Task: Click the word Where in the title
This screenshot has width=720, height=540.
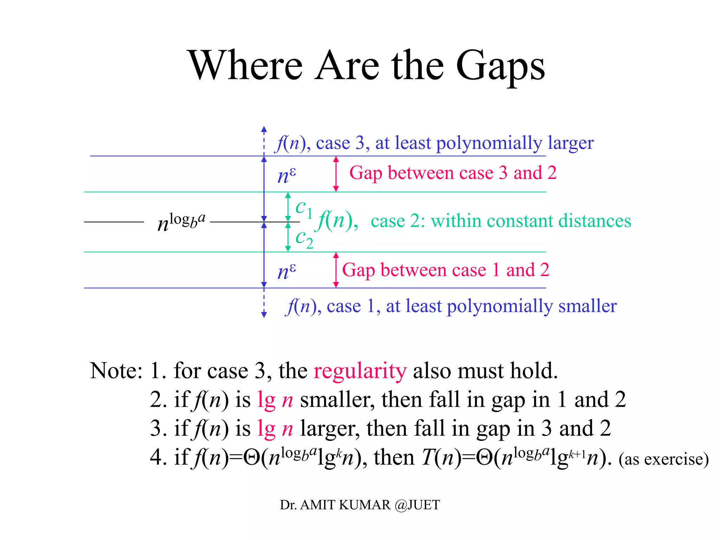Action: pyautogui.click(x=246, y=65)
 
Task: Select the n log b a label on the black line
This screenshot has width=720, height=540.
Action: pyautogui.click(x=181, y=222)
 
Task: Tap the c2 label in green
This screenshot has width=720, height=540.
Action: pyautogui.click(x=304, y=238)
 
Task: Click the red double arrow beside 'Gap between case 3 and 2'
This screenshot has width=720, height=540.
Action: pyautogui.click(x=336, y=174)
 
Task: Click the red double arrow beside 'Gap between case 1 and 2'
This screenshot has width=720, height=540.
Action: pyautogui.click(x=336, y=270)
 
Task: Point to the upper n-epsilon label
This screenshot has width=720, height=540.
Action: pyautogui.click(x=287, y=175)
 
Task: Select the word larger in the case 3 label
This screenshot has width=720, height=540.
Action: pyautogui.click(x=571, y=143)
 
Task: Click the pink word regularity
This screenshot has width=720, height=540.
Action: pyautogui.click(x=360, y=371)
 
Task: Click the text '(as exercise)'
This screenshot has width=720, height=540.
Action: pyautogui.click(x=663, y=459)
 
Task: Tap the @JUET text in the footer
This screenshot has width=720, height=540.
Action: pyautogui.click(x=417, y=505)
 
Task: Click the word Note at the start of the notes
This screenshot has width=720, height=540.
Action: pyautogui.click(x=116, y=371)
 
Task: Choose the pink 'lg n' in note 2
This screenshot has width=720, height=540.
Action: pyautogui.click(x=275, y=400)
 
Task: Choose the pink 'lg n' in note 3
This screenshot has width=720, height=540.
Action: pyautogui.click(x=275, y=429)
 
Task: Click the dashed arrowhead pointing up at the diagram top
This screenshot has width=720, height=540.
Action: pyautogui.click(x=264, y=129)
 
